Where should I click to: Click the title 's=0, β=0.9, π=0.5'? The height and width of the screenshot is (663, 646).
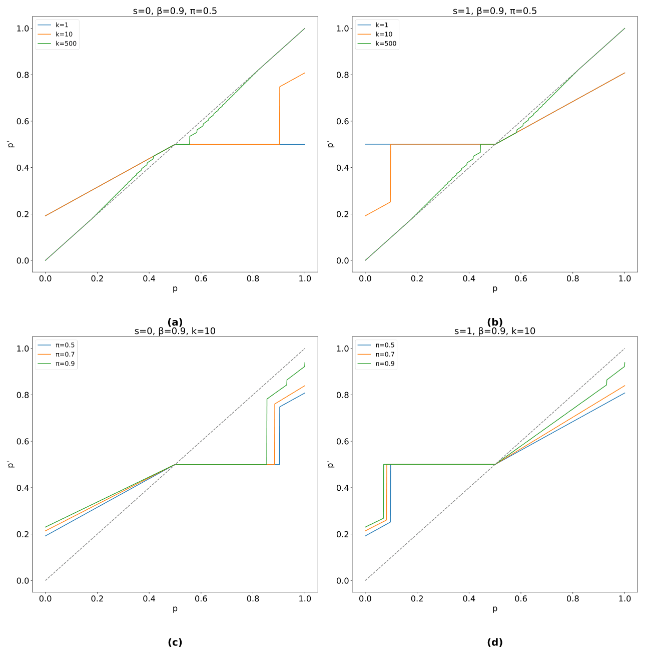175,11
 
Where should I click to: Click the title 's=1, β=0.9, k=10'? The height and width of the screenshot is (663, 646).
494,331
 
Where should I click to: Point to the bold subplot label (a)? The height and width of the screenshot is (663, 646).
175,322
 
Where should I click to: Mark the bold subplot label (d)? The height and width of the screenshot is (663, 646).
494,642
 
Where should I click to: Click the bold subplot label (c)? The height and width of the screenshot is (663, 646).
175,642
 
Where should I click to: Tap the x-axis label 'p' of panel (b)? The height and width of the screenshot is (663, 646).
494,288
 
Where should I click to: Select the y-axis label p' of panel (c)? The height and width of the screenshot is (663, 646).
10,464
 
